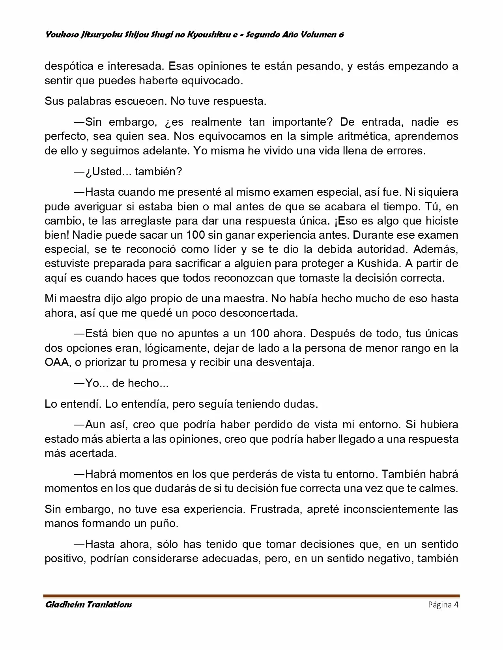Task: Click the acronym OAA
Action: coord(57,363)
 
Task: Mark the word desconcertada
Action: coord(256,313)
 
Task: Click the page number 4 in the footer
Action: coord(456,605)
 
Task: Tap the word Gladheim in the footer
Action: coord(64,605)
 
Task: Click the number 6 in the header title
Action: coord(341,35)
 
